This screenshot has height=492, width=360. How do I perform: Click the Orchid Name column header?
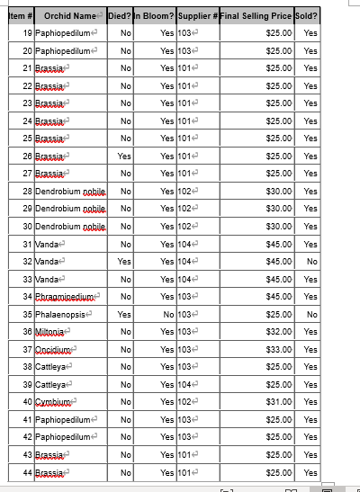coord(69,16)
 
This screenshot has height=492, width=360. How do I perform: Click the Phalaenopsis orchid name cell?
coord(61,315)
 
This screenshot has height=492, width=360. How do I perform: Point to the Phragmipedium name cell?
coord(63,297)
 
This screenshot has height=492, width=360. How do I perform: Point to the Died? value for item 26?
coord(124,157)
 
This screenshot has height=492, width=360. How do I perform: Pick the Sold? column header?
coord(307,16)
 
